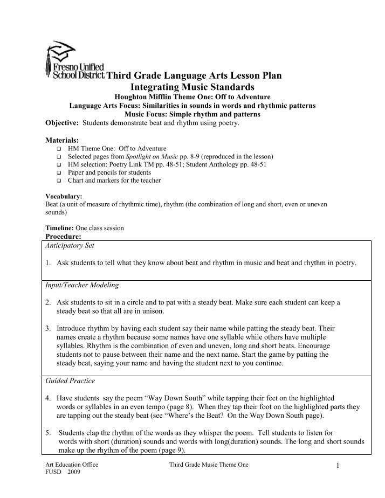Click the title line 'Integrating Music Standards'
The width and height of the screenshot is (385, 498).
[x=192, y=87]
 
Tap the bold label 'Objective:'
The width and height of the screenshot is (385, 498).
[x=62, y=123]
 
